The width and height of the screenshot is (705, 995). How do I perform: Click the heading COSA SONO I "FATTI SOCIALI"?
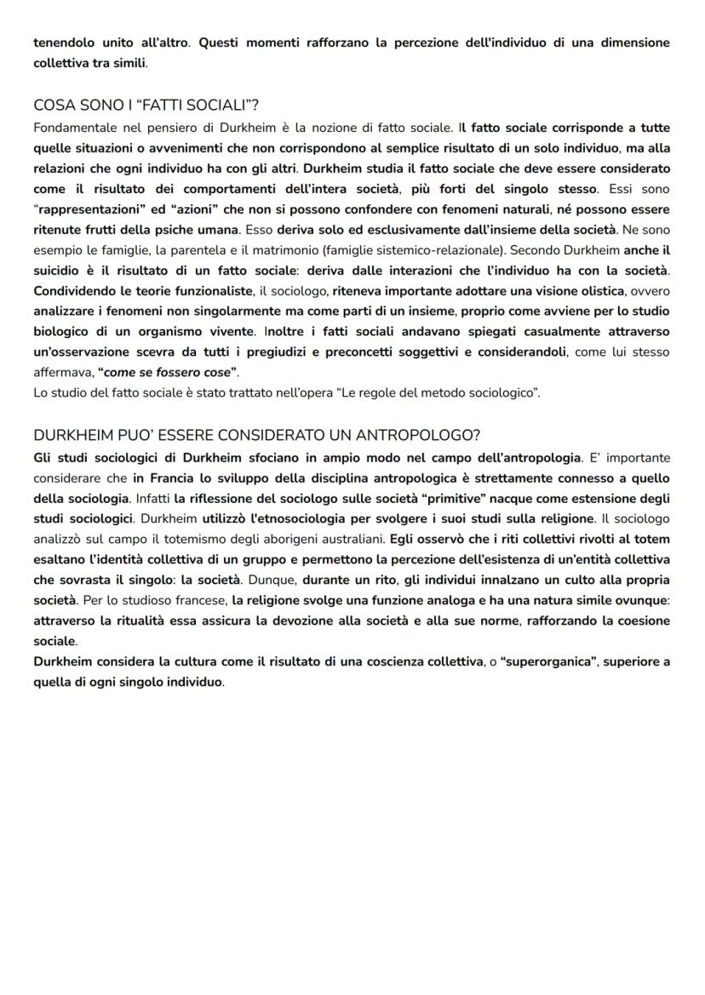click(x=146, y=105)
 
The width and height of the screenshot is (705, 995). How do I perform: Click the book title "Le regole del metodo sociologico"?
click(x=442, y=392)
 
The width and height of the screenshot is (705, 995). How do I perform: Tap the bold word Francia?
click(x=158, y=477)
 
